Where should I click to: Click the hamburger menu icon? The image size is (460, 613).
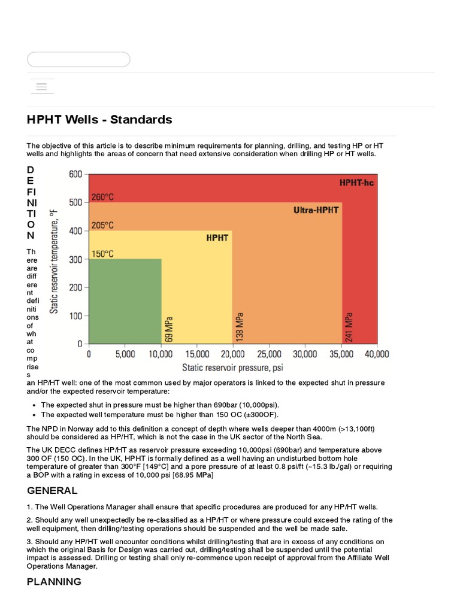click(41, 86)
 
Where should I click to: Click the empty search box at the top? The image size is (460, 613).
click(78, 59)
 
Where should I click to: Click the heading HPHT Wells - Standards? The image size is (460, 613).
click(99, 120)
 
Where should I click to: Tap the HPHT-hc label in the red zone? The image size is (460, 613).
click(356, 183)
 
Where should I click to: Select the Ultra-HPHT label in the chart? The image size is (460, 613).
click(316, 210)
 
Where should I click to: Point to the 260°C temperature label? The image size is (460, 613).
click(102, 197)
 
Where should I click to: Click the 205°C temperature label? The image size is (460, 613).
click(102, 226)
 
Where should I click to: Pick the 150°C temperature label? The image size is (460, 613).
click(102, 254)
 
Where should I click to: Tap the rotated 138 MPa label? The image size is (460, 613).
click(240, 327)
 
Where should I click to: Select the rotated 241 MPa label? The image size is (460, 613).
click(349, 327)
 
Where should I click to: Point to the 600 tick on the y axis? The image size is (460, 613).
click(75, 174)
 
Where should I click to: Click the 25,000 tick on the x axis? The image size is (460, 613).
click(269, 354)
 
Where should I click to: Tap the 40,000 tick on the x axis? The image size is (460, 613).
click(377, 354)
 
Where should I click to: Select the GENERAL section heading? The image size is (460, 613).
click(52, 491)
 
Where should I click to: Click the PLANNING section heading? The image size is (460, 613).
click(54, 582)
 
